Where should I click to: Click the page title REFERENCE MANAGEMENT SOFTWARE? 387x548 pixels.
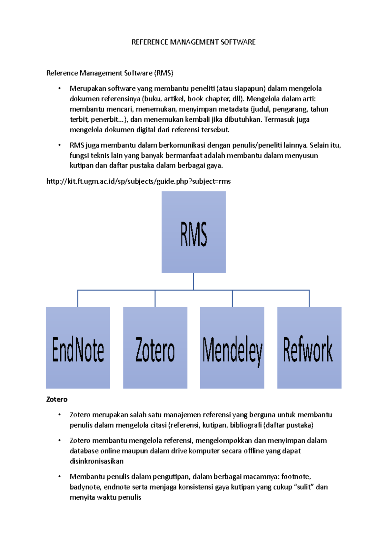coord(193,42)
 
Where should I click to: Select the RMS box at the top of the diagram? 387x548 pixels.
coord(193,232)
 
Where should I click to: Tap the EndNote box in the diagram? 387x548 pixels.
coord(78,348)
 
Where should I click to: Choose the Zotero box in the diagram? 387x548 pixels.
coord(155,348)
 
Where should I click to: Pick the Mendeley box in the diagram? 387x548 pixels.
coord(232,348)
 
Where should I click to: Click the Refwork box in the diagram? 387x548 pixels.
coord(309,348)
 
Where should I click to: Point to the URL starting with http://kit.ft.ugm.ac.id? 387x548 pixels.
coord(139,181)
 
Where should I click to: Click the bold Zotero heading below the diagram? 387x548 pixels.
coord(57,400)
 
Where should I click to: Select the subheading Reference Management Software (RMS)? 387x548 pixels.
coord(110,73)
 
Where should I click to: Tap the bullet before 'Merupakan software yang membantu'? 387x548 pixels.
coord(59,88)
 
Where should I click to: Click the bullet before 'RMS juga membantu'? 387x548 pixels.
coord(59,145)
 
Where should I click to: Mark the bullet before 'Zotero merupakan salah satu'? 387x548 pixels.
coord(59,415)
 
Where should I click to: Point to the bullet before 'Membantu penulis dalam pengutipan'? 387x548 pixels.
coord(59,477)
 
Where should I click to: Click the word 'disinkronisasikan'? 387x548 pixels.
coord(96,461)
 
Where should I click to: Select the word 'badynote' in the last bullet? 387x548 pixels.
coord(85,487)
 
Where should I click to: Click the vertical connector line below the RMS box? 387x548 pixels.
coord(193,281)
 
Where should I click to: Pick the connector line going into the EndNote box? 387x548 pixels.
coord(78,299)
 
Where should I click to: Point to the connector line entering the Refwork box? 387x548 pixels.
coord(309,299)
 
